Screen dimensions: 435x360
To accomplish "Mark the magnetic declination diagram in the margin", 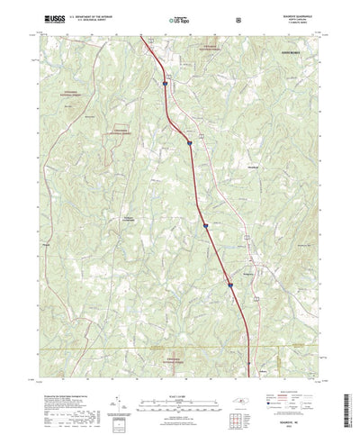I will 120,390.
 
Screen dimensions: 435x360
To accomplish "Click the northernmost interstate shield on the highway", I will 166,84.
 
